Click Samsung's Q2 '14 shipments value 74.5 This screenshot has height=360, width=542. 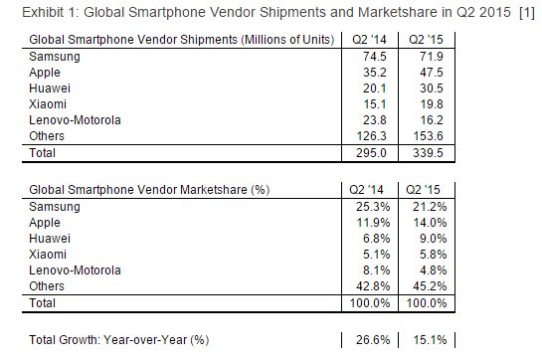pyautogui.click(x=375, y=57)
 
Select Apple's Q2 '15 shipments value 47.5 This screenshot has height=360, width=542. pyautogui.click(x=432, y=73)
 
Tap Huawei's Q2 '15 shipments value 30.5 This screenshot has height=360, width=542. pyautogui.click(x=432, y=89)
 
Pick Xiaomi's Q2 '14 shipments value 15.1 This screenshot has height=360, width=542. pyautogui.click(x=375, y=104)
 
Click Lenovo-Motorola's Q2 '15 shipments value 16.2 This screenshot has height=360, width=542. pyautogui.click(x=432, y=120)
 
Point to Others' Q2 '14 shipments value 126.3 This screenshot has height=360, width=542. pyautogui.click(x=372, y=136)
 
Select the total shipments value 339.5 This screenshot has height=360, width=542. pyautogui.click(x=429, y=153)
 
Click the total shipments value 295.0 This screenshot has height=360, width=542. pyautogui.click(x=372, y=153)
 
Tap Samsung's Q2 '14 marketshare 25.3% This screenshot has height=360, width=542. pyautogui.click(x=373, y=207)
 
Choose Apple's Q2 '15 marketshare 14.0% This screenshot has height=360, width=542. pyautogui.click(x=430, y=223)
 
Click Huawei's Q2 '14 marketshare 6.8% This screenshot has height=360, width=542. pyautogui.click(x=377, y=239)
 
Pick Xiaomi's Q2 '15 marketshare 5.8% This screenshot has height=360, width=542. pyautogui.click(x=434, y=255)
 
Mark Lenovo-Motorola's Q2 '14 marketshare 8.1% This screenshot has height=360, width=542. pyautogui.click(x=377, y=270)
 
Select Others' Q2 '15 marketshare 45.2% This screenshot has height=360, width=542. pyautogui.click(x=430, y=286)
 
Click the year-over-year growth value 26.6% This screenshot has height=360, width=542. pyautogui.click(x=373, y=340)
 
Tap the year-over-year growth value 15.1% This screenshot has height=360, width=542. pyautogui.click(x=430, y=340)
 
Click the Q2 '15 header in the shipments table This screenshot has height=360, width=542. pyautogui.click(x=426, y=40)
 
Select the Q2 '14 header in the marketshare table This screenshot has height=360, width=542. pyautogui.click(x=366, y=190)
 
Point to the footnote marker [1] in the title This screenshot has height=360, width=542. pyautogui.click(x=527, y=13)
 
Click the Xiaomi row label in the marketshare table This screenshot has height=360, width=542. pyautogui.click(x=48, y=255)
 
